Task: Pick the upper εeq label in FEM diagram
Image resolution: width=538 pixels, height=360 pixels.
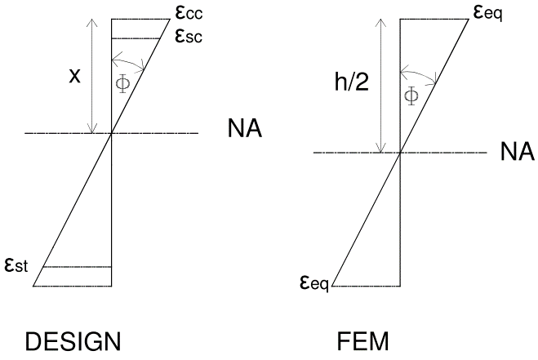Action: [485, 11]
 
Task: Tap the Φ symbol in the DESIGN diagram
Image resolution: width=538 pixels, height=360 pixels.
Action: [124, 84]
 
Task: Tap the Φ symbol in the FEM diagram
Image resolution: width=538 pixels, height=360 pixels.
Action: [411, 96]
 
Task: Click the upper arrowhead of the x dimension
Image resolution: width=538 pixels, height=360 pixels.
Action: [92, 22]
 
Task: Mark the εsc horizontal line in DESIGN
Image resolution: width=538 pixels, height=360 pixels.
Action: [129, 38]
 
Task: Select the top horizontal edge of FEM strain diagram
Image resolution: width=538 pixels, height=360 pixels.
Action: [434, 19]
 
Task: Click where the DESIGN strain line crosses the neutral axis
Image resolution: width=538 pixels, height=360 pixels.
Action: [111, 133]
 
